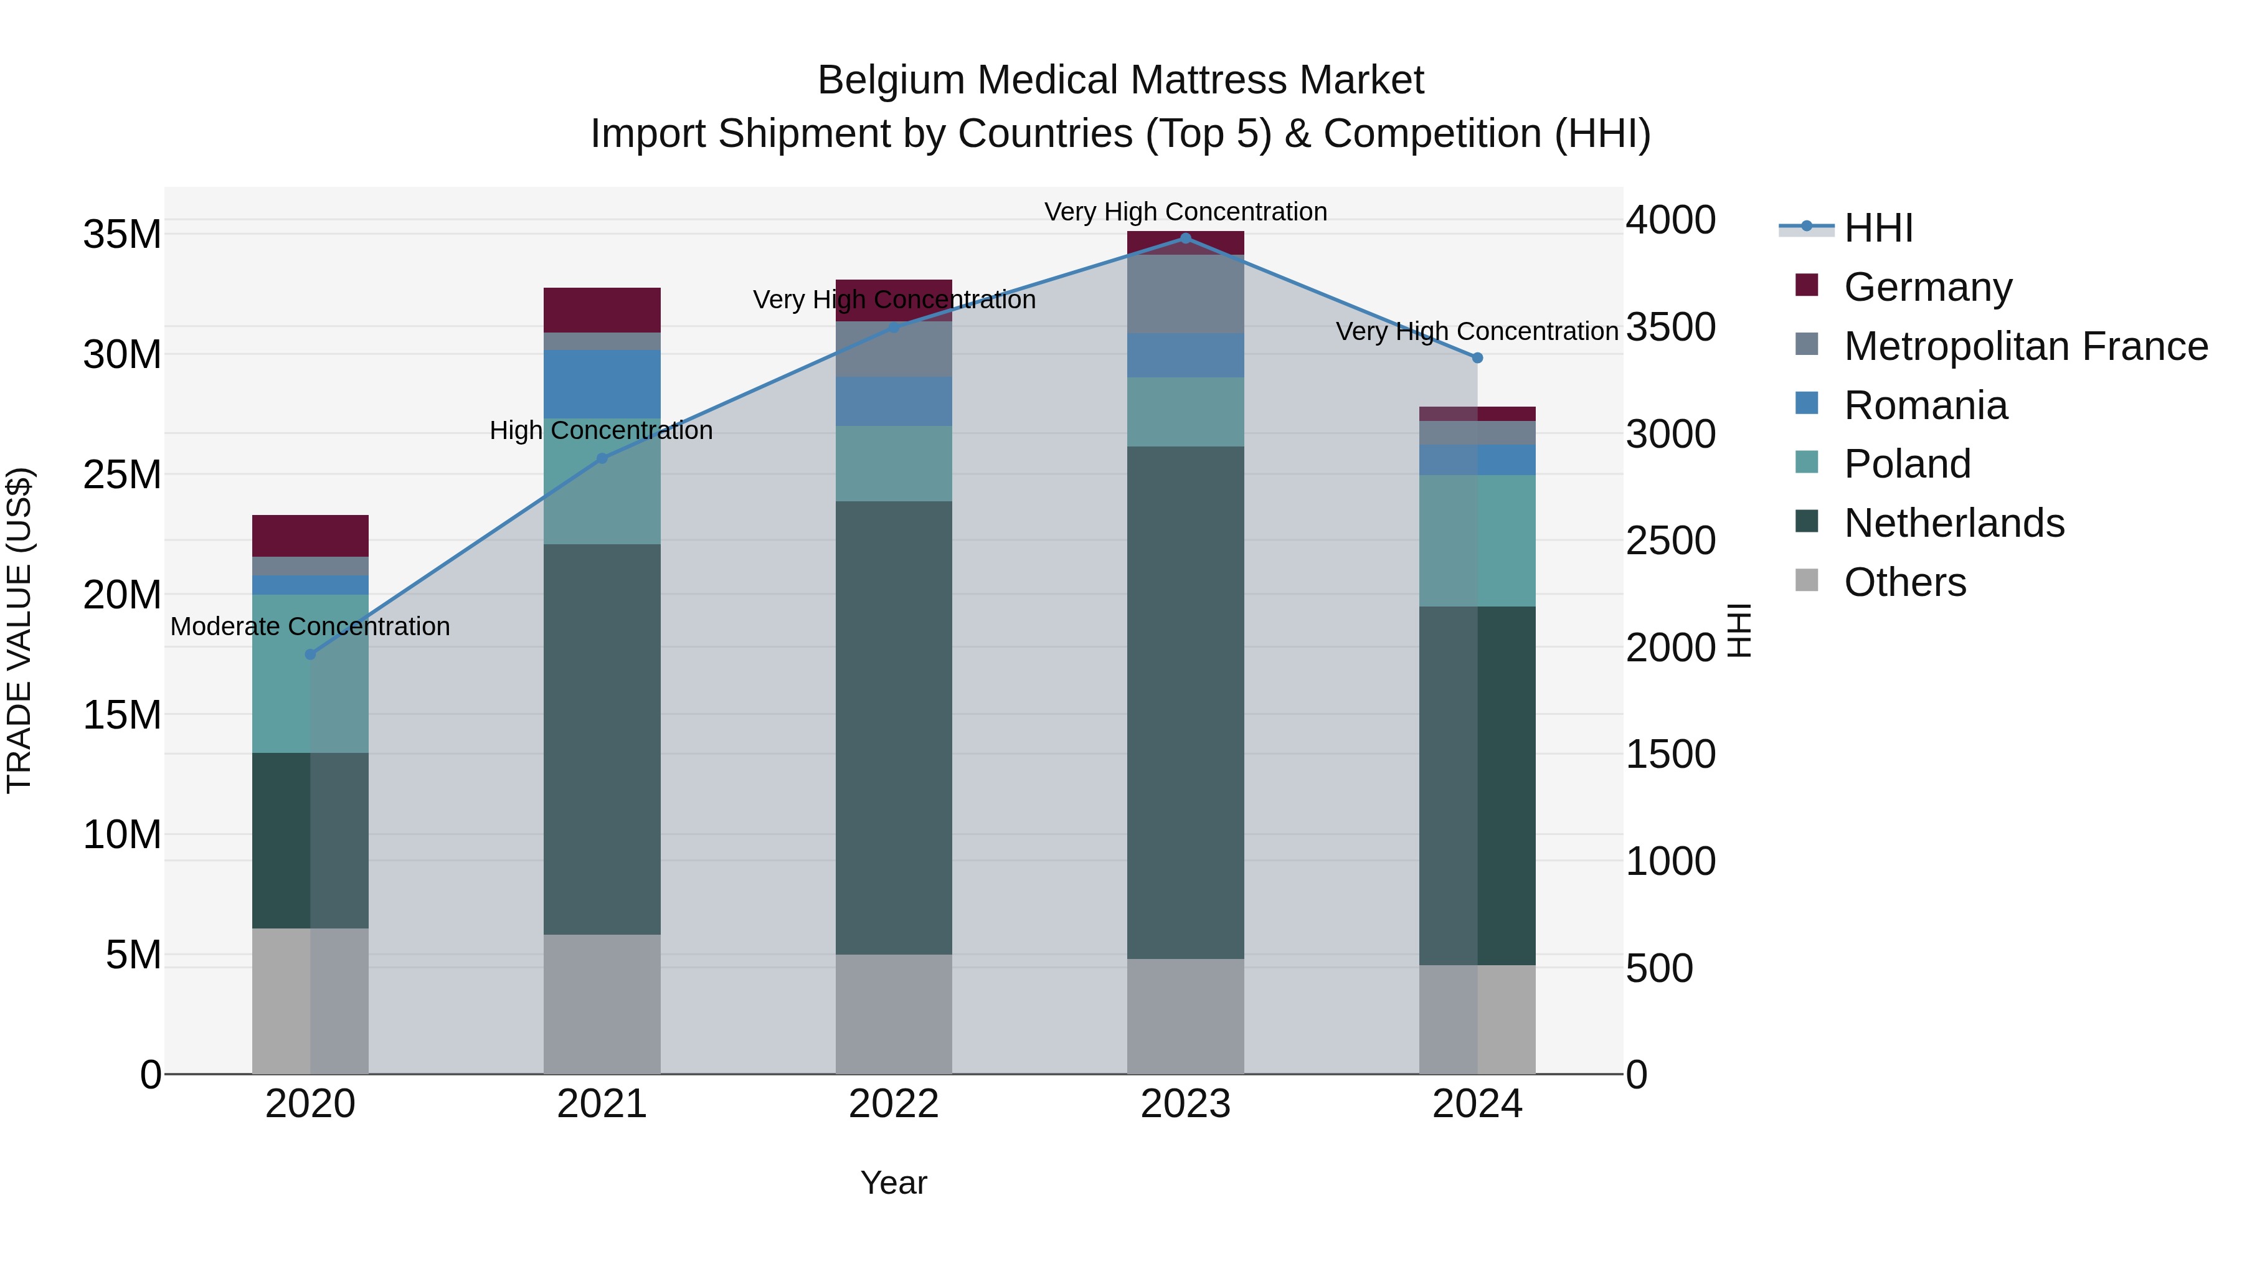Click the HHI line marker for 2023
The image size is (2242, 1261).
[1185, 238]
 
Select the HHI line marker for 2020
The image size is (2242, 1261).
[311, 654]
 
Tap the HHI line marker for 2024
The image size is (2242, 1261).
[1477, 357]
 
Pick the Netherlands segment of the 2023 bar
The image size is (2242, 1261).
[1185, 702]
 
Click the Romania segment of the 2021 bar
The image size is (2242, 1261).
[602, 384]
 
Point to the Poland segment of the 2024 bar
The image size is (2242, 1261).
[1477, 541]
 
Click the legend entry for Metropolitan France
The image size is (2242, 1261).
[2025, 346]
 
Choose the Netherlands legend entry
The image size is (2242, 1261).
[1954, 523]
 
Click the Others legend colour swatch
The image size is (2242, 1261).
[1807, 580]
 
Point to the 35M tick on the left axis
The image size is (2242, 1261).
[122, 235]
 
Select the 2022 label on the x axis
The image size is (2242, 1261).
[894, 1105]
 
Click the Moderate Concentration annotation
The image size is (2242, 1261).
[310, 626]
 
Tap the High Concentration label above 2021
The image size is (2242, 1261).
[602, 431]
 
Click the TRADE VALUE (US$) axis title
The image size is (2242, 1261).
[19, 631]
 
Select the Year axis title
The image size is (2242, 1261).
[894, 1184]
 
